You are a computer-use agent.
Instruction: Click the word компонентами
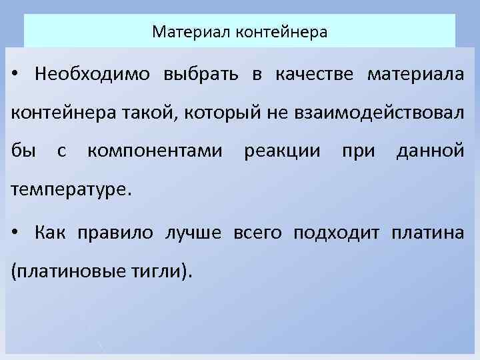[x=155, y=151]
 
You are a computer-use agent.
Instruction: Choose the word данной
[x=430, y=151]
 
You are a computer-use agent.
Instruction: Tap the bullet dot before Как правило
[x=15, y=233]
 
